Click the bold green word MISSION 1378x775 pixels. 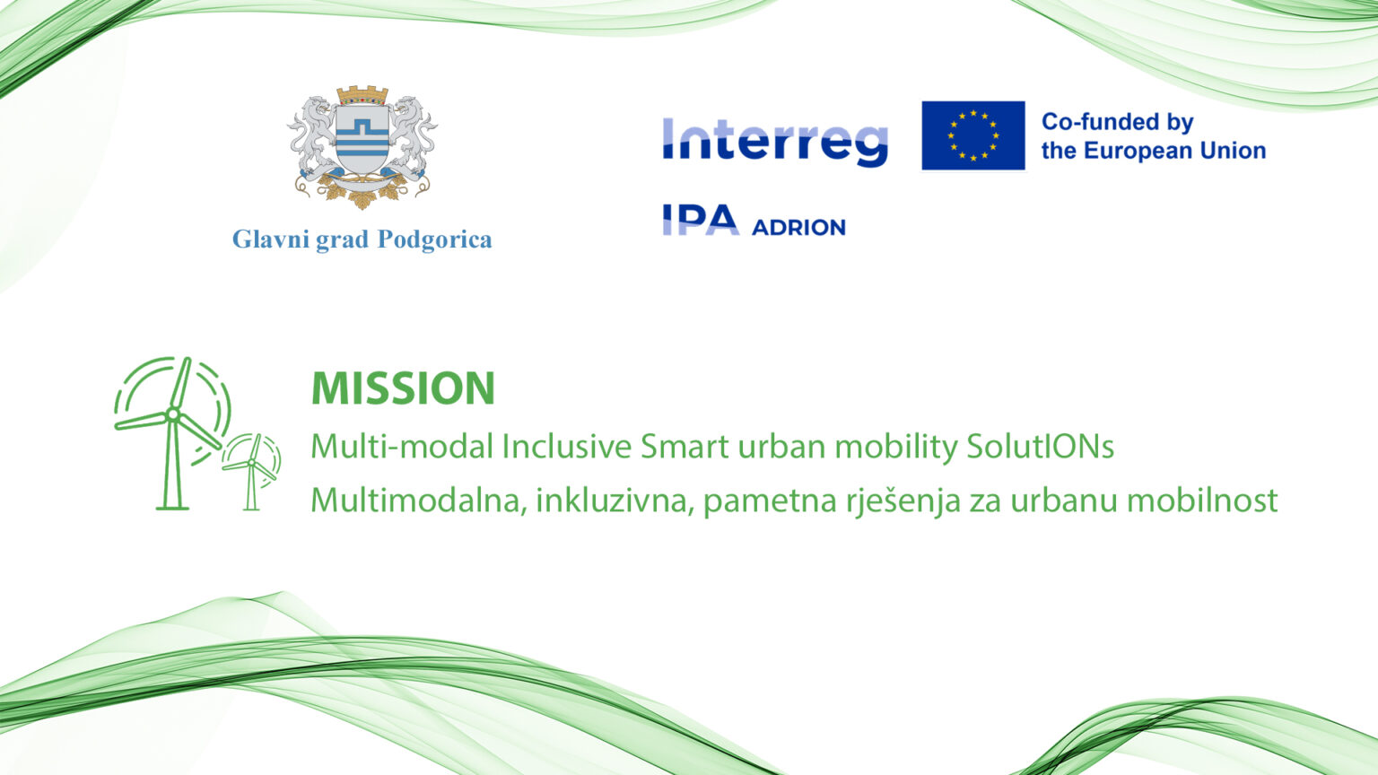403,388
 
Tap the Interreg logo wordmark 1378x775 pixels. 775,142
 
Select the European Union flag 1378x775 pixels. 973,135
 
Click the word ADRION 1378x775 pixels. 798,228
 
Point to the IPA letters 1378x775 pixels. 700,220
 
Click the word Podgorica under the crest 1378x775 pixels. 434,239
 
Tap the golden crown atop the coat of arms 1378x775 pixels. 362,95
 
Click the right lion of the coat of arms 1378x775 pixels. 411,138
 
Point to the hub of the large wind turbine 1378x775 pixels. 173,414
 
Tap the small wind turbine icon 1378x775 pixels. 251,472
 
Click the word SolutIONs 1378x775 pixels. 1041,447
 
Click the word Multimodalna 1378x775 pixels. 419,501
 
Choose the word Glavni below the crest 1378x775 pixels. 270,239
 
